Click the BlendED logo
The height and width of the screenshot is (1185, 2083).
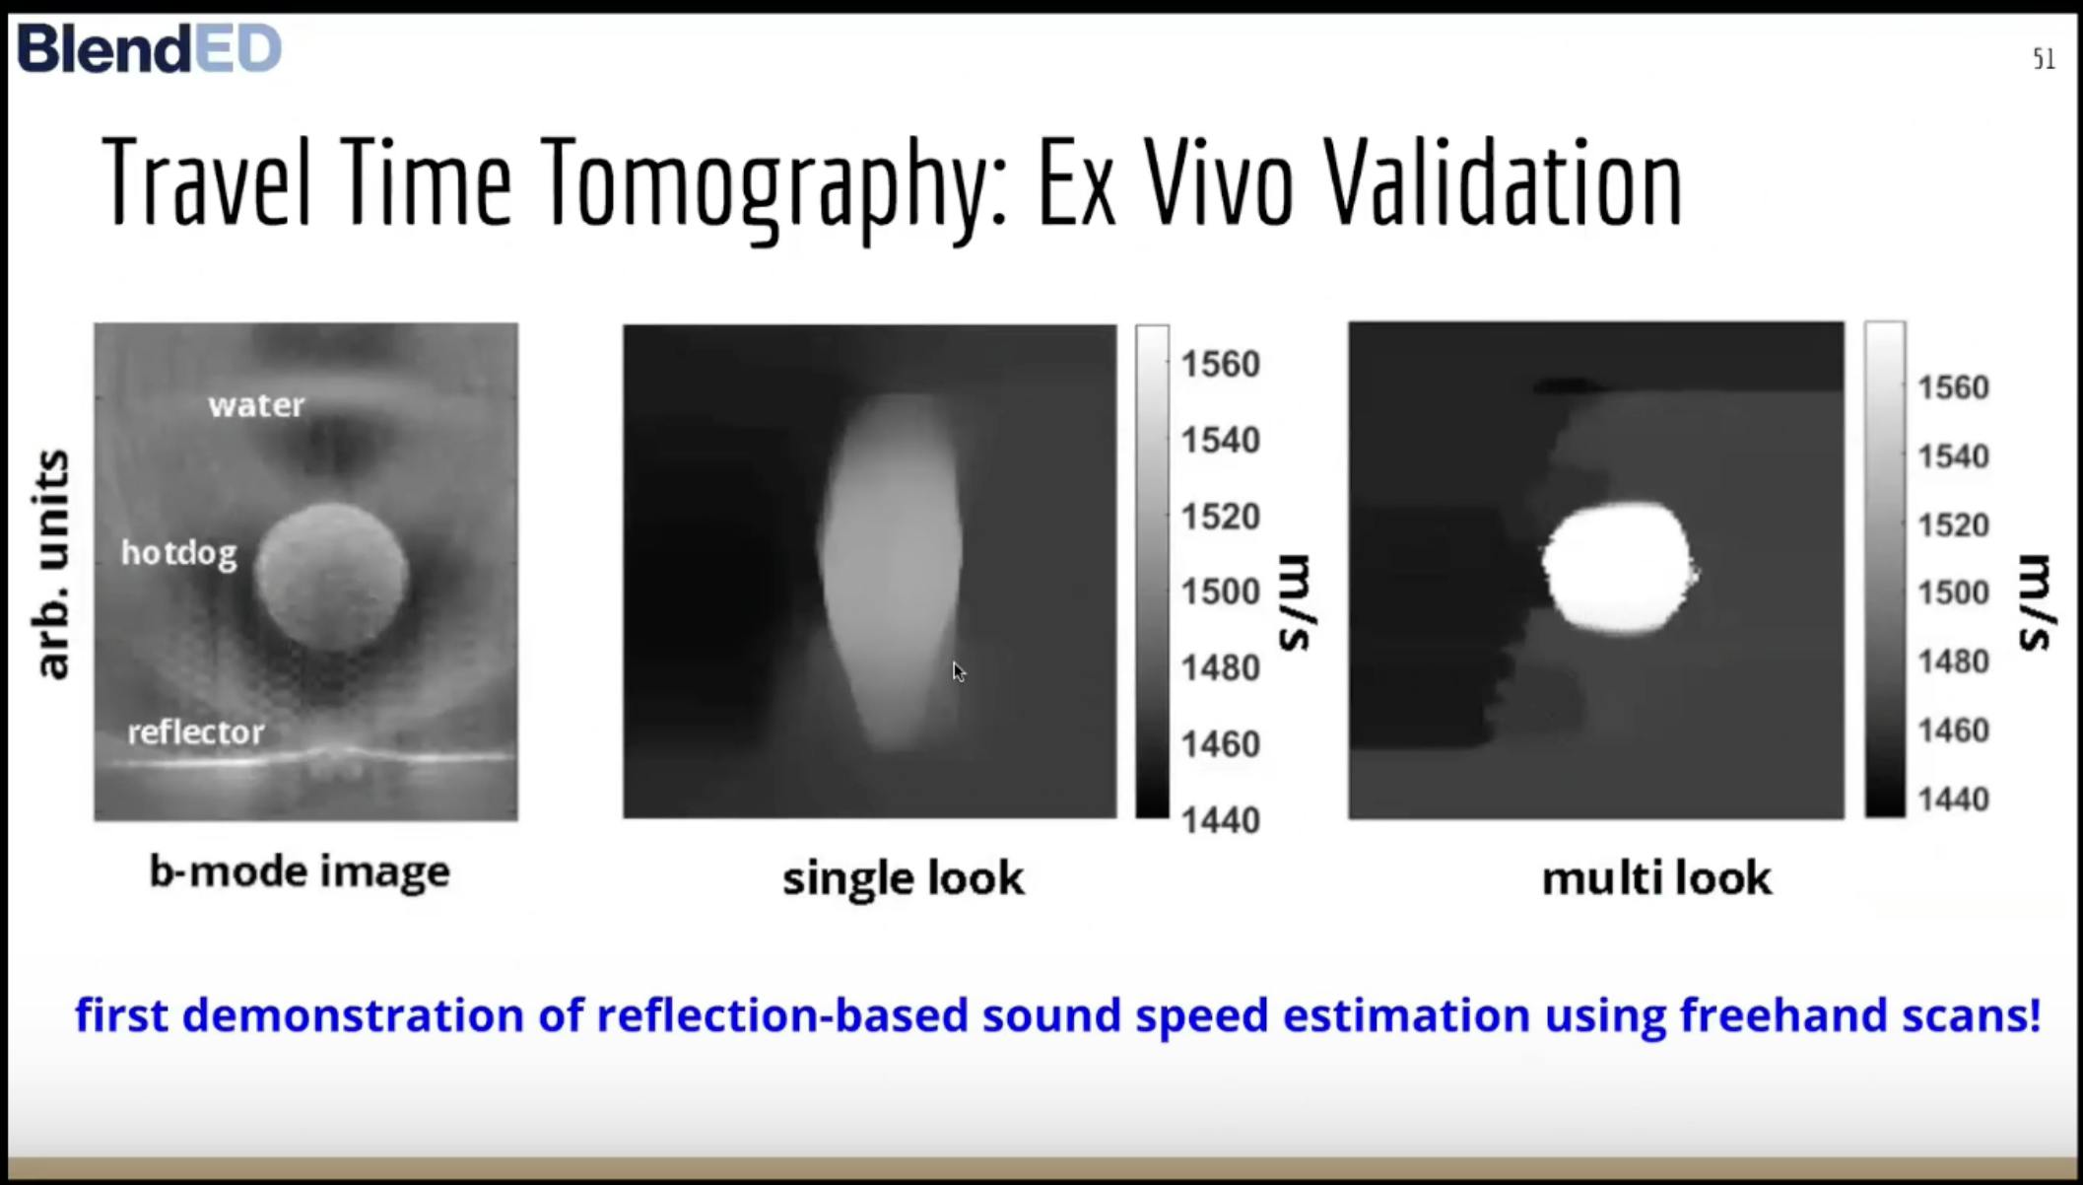click(150, 48)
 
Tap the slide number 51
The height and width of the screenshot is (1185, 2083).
click(2044, 59)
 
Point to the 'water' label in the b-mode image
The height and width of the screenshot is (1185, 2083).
click(256, 405)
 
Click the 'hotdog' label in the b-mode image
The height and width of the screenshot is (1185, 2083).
click(179, 553)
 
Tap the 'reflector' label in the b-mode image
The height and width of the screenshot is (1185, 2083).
click(196, 732)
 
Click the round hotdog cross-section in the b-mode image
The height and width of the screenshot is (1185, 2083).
click(332, 577)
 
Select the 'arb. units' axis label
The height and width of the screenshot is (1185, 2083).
click(52, 564)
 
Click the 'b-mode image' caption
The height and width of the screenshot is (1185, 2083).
click(300, 871)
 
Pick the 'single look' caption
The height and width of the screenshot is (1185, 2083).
click(904, 877)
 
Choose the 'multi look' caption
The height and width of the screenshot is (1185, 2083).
click(1656, 877)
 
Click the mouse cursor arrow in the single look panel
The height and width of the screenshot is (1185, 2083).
click(959, 671)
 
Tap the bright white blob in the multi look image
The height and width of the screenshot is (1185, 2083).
click(1619, 568)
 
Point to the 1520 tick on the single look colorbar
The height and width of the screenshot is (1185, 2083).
click(1221, 516)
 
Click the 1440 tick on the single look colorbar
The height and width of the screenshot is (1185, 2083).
click(1221, 819)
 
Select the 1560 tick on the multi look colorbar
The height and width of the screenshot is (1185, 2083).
click(1953, 387)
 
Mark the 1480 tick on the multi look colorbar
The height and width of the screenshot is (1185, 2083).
click(1953, 661)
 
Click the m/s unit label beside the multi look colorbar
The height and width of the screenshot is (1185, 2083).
click(2037, 602)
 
